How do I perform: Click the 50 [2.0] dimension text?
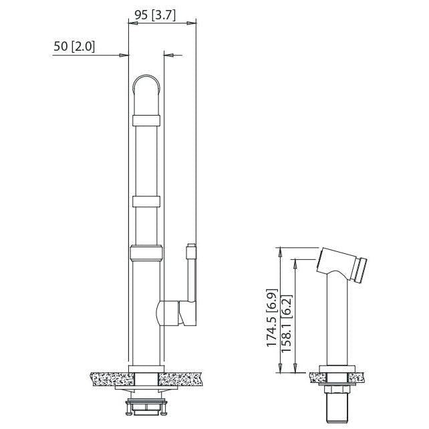coord(74,47)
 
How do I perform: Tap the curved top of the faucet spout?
coord(146,84)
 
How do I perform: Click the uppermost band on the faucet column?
coord(146,120)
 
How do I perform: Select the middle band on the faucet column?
coord(146,201)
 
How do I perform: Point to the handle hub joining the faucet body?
coord(171,313)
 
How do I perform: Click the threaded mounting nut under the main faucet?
coord(146,404)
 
